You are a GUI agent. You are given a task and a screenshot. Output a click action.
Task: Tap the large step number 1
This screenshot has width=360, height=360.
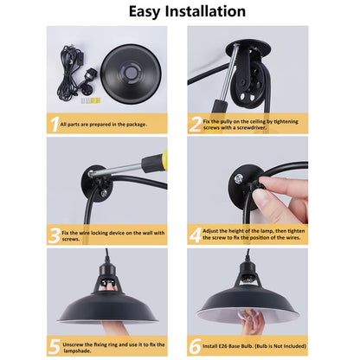pyautogui.click(x=53, y=124)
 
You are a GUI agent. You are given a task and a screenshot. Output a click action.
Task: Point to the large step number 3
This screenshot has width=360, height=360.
pyautogui.click(x=53, y=234)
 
